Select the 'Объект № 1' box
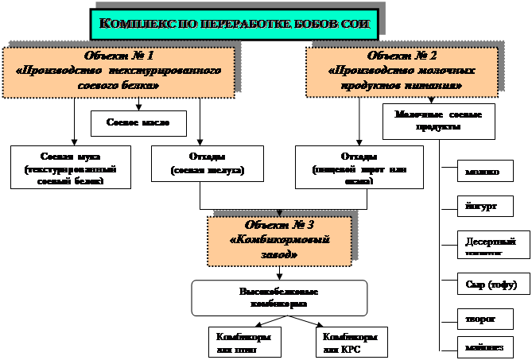tap(118, 72)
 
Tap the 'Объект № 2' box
tap(402, 72)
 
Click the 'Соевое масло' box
tap(139, 123)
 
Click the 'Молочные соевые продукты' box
tap(438, 121)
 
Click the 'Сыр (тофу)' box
tap(483, 283)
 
